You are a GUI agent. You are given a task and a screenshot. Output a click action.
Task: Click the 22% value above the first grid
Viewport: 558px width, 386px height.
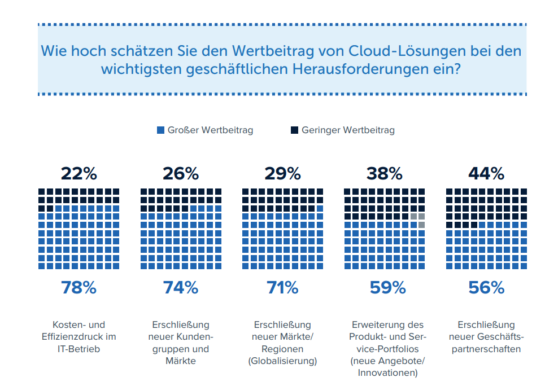(79, 173)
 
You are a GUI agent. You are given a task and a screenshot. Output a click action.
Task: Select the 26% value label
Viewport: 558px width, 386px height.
(181, 173)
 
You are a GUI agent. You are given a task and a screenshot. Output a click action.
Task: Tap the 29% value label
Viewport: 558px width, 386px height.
(282, 173)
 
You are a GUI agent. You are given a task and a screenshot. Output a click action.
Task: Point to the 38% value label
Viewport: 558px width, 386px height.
(384, 173)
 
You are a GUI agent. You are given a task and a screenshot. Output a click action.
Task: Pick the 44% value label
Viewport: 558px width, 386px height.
(486, 173)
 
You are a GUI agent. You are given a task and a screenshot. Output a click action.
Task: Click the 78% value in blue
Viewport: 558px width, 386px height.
(79, 288)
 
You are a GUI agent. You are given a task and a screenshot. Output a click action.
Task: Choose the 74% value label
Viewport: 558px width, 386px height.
(181, 288)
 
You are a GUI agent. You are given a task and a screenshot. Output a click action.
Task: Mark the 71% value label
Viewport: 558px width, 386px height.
(282, 288)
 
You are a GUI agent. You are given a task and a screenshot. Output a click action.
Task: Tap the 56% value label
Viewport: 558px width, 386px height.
(486, 288)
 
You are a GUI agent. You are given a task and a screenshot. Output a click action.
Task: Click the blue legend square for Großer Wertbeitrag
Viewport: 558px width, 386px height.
(160, 130)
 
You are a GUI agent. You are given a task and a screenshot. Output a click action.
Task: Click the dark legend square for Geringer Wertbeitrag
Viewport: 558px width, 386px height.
(294, 130)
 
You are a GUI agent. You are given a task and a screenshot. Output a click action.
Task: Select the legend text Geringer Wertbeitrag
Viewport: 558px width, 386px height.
(348, 130)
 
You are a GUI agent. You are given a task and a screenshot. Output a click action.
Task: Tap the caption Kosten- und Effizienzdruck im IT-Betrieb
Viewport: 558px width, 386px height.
(79, 337)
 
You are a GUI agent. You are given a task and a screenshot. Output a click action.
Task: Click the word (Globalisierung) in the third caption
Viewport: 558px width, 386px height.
(282, 361)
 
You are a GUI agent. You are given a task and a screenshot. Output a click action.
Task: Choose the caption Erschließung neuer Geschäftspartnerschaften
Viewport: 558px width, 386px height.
(486, 337)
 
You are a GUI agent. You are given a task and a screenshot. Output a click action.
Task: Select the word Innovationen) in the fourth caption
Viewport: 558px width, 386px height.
(387, 373)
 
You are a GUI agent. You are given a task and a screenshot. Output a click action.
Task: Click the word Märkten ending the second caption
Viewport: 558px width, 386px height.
(181, 361)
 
